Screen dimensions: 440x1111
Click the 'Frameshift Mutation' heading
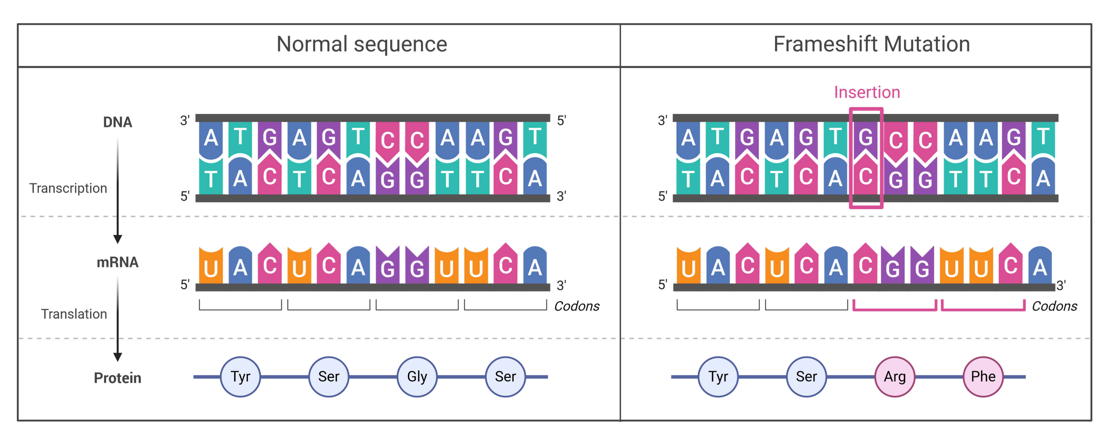[871, 44]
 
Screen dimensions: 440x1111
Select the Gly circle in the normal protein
[417, 377]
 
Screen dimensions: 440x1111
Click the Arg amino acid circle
[895, 377]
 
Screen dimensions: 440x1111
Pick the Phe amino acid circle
[983, 377]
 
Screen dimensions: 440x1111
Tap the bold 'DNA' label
[117, 122]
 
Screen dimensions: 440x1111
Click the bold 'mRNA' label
[117, 262]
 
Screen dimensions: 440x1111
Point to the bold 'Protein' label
[117, 378]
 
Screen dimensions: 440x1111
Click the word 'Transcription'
[68, 189]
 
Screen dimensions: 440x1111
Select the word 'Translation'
[74, 314]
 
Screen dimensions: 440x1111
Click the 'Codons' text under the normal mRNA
[576, 306]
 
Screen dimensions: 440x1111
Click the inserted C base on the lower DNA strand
[865, 177]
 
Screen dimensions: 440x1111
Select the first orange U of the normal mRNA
[211, 267]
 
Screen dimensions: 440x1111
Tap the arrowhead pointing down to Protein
[117, 357]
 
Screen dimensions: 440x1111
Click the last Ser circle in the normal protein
[505, 377]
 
